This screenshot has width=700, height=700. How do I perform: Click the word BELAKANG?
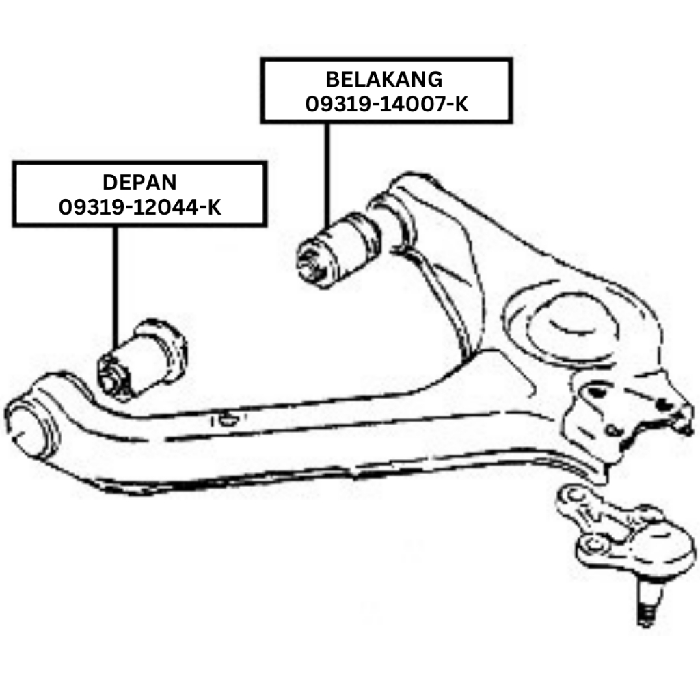383,79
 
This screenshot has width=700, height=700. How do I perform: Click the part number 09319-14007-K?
387,104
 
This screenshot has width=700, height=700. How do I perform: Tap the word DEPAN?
139,183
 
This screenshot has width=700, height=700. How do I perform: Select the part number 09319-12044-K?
140,206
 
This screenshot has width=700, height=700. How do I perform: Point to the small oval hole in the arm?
228,419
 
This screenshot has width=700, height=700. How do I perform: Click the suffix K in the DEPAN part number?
213,206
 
